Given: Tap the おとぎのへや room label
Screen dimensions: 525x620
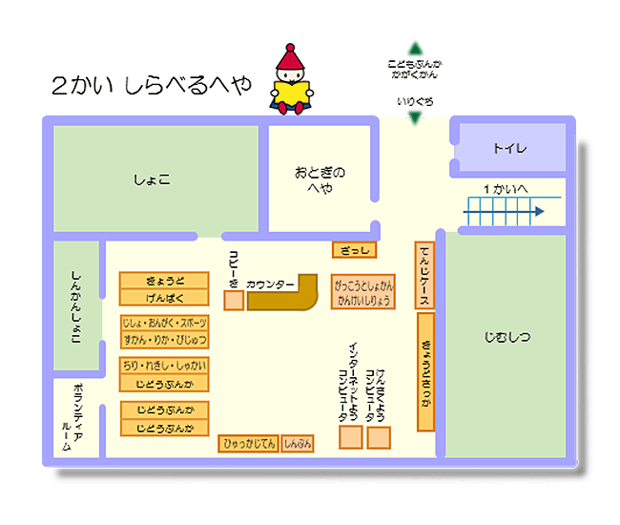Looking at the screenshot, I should pos(320,179).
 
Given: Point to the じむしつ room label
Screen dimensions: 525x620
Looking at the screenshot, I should pos(506,336).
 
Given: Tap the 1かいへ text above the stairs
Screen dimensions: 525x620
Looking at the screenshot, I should pos(506,188).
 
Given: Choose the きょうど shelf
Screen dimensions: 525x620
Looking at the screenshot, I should pos(164,280).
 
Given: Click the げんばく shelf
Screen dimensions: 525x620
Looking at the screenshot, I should pos(164,297).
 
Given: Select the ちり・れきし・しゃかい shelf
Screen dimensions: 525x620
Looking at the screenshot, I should pos(164,366).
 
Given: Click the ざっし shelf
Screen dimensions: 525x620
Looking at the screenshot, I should pos(355,250).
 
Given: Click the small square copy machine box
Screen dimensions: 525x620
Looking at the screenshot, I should pos(234,301).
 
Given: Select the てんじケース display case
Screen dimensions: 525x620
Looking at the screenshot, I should pos(425,275).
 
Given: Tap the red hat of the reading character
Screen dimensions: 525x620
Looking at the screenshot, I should pos(291,59).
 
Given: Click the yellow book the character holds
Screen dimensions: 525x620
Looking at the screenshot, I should pos(292,93).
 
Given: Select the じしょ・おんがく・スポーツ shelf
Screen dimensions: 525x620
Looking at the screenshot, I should pos(164,324).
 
